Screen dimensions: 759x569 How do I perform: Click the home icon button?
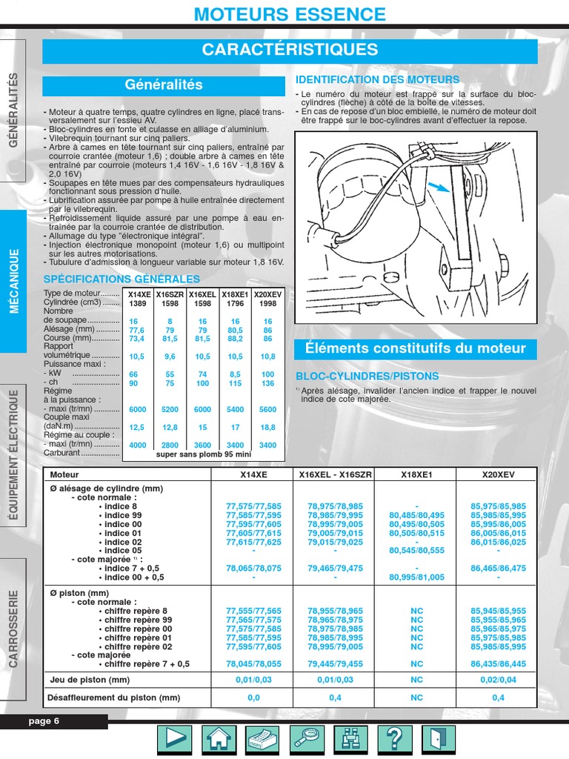coord(219,738)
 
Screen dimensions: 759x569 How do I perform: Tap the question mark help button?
coord(395,738)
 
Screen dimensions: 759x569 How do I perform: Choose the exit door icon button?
coord(439,738)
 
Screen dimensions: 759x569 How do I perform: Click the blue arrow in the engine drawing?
coord(439,188)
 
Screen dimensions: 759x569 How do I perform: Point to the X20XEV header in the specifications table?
coord(267,294)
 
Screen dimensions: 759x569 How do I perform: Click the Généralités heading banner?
coord(164,85)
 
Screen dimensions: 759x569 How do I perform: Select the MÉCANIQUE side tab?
coord(14,281)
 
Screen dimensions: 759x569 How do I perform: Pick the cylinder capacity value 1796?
coord(236,303)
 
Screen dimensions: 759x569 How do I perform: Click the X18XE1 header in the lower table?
coord(416,474)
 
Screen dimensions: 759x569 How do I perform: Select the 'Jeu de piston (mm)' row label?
coord(90,680)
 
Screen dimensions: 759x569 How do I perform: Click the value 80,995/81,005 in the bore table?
coord(416,577)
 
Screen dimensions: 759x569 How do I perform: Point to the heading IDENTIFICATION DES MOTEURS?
coord(377,79)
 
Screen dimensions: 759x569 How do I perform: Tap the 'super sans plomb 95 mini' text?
coord(204,454)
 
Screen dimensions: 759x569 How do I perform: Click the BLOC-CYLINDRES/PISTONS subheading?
coord(367,376)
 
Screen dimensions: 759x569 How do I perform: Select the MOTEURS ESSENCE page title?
coord(290,14)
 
